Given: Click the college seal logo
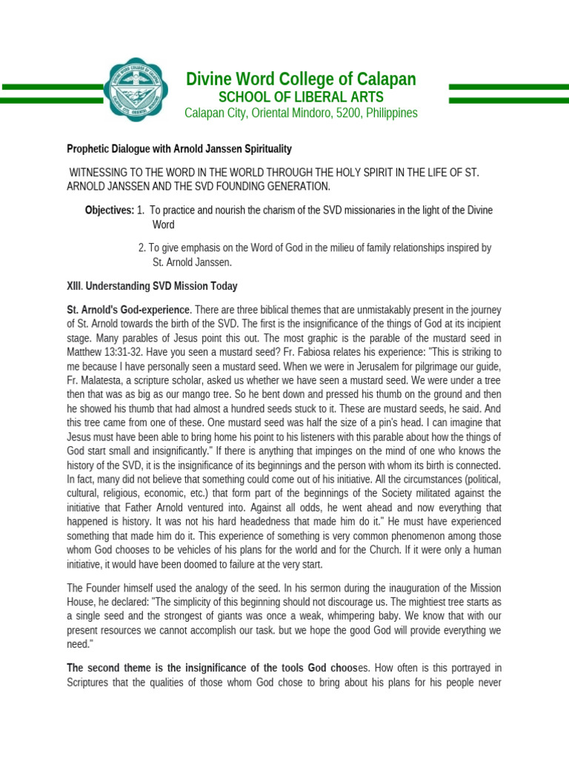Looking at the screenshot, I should tap(134, 91).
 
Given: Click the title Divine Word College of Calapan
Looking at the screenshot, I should tap(300, 79).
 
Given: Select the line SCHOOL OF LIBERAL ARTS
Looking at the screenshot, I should tap(300, 97).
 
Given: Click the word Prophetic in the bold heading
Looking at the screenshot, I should tap(90, 149).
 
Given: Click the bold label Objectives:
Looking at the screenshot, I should tap(109, 211).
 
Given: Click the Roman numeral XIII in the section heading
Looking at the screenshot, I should tap(76, 286).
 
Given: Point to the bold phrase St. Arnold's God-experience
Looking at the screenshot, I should tap(129, 310).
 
